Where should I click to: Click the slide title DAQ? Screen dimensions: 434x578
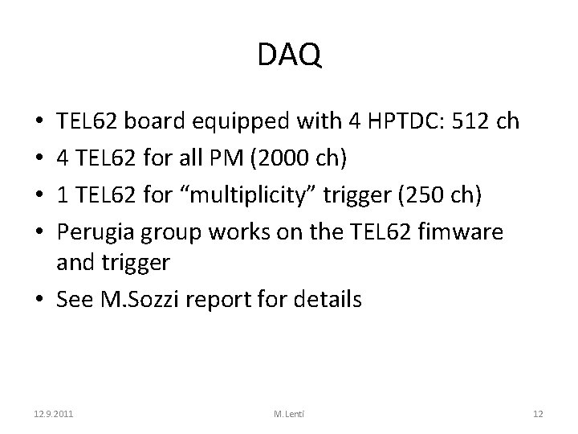pos(289,55)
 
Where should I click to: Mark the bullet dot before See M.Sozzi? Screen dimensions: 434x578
pos(40,301)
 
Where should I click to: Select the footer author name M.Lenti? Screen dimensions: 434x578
pos(289,414)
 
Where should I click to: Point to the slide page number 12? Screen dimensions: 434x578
pos(538,414)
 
